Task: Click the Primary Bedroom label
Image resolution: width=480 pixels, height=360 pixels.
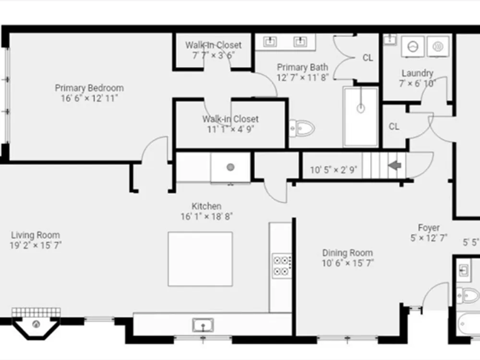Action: (89, 88)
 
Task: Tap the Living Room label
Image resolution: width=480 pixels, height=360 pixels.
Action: (36, 235)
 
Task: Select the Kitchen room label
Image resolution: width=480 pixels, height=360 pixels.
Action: (206, 206)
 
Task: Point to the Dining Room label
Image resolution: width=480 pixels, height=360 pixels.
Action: (348, 253)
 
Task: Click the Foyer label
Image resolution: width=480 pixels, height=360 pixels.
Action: (429, 228)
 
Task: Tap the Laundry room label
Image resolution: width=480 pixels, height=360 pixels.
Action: (417, 73)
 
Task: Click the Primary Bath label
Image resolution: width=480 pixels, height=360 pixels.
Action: (302, 67)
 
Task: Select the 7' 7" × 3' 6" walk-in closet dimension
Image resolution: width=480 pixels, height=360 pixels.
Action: (214, 55)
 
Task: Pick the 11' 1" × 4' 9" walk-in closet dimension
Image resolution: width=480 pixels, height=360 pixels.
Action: (230, 129)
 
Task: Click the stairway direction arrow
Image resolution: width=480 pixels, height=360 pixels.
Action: (395, 165)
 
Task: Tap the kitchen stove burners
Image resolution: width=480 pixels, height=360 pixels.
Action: (282, 266)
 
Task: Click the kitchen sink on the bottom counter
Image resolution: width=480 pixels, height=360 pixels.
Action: (203, 325)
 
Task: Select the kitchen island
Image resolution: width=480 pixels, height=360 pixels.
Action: (200, 259)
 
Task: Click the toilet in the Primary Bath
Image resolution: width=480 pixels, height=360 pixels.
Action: (302, 129)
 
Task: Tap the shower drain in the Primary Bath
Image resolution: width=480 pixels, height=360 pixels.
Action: (361, 108)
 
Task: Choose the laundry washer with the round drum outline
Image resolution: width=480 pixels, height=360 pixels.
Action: (413, 47)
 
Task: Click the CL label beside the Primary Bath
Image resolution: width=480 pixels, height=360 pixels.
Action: (368, 58)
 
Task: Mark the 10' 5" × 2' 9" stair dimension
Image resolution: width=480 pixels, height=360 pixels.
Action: (334, 170)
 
